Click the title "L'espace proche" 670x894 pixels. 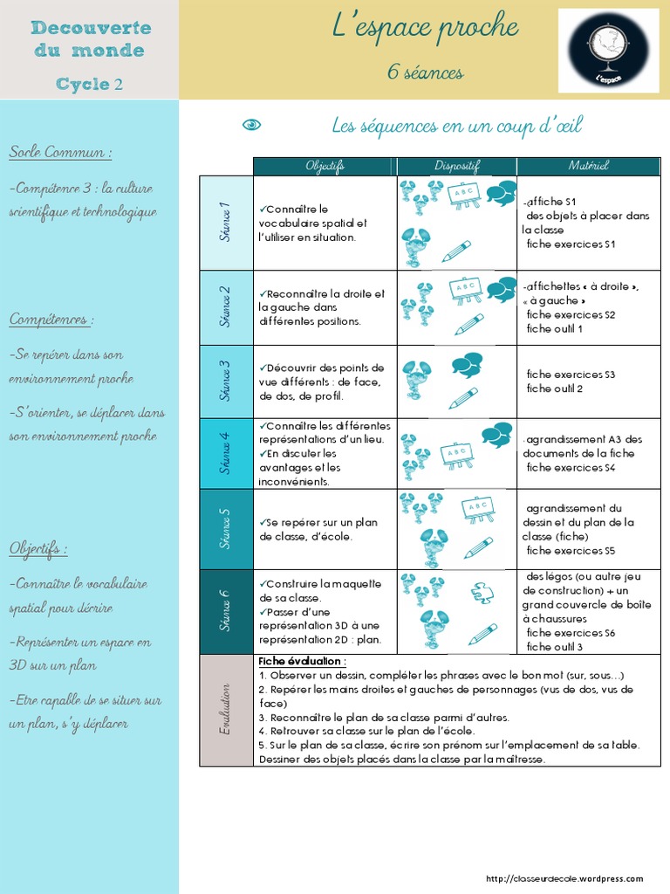click(425, 28)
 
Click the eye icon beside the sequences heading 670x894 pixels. click(251, 126)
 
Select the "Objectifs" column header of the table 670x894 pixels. click(325, 166)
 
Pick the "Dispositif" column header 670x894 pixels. click(457, 166)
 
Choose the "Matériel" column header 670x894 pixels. click(589, 166)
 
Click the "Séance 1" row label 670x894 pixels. click(226, 223)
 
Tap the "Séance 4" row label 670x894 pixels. click(226, 453)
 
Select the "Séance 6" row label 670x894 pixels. click(226, 611)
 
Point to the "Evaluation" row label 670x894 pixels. click(226, 710)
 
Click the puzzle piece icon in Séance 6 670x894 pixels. click(482, 593)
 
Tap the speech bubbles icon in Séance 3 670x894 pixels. click(467, 363)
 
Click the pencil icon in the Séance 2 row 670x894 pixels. click(468, 324)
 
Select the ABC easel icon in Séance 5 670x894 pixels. click(477, 509)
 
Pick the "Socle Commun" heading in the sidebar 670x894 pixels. click(60, 153)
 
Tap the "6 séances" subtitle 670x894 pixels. click(425, 72)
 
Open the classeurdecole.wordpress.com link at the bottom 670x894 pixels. click(564, 879)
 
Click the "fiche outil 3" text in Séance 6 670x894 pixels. click(555, 647)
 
